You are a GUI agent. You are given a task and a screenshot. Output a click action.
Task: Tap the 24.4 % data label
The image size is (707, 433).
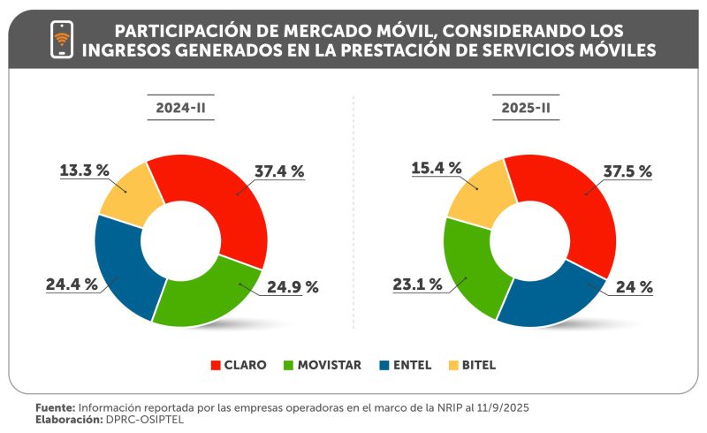[x=72, y=285]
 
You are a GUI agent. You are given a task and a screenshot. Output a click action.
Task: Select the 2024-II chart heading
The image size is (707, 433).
[x=179, y=110]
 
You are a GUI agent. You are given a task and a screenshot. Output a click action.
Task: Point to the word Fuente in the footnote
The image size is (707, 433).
[x=56, y=406]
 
